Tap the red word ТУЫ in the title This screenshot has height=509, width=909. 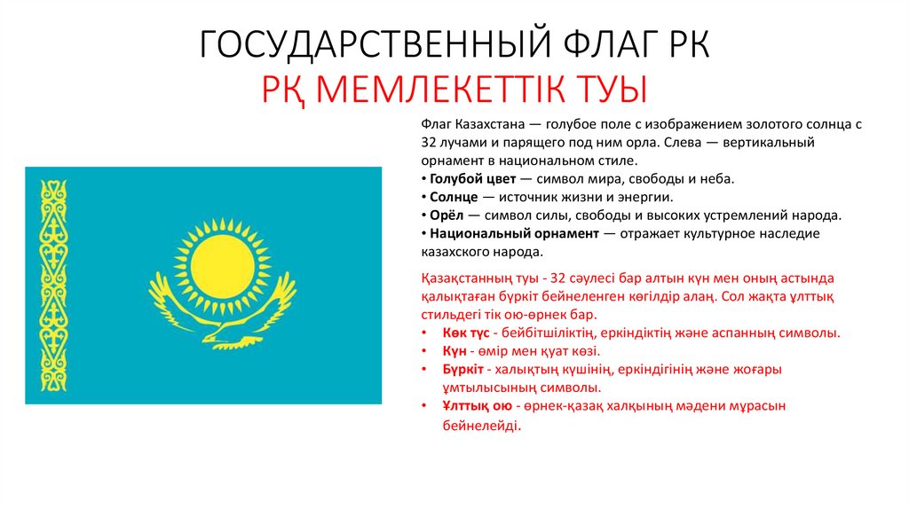tap(612, 89)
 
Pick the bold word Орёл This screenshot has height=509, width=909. tap(447, 215)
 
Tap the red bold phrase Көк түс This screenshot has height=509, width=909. tap(464, 333)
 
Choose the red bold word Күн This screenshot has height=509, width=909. tap(454, 351)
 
